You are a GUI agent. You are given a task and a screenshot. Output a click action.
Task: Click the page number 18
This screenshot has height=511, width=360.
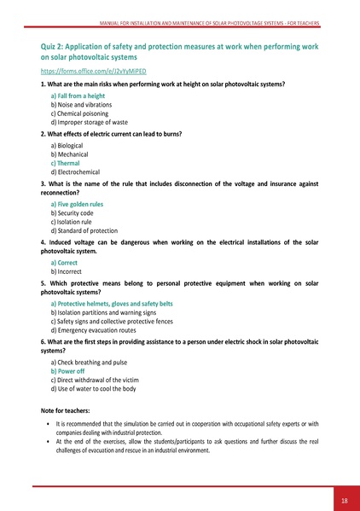(343, 499)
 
